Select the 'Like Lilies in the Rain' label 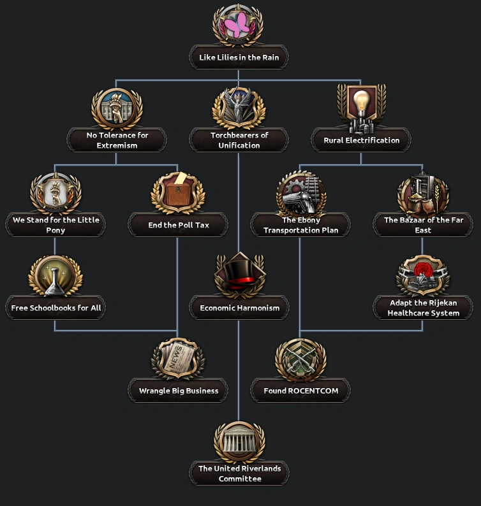(239, 57)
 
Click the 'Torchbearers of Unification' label (239, 140)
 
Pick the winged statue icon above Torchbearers (239, 107)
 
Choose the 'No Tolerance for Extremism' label (117, 140)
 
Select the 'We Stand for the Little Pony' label (56, 225)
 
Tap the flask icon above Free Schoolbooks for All (56, 275)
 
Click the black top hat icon (239, 275)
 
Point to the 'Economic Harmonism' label (239, 308)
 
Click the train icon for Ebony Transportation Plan (300, 193)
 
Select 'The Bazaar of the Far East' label (423, 225)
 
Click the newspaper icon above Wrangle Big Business (178, 359)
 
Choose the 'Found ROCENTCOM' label (300, 391)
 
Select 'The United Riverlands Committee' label (239, 473)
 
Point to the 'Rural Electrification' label (361, 140)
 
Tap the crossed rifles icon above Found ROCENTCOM (300, 359)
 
